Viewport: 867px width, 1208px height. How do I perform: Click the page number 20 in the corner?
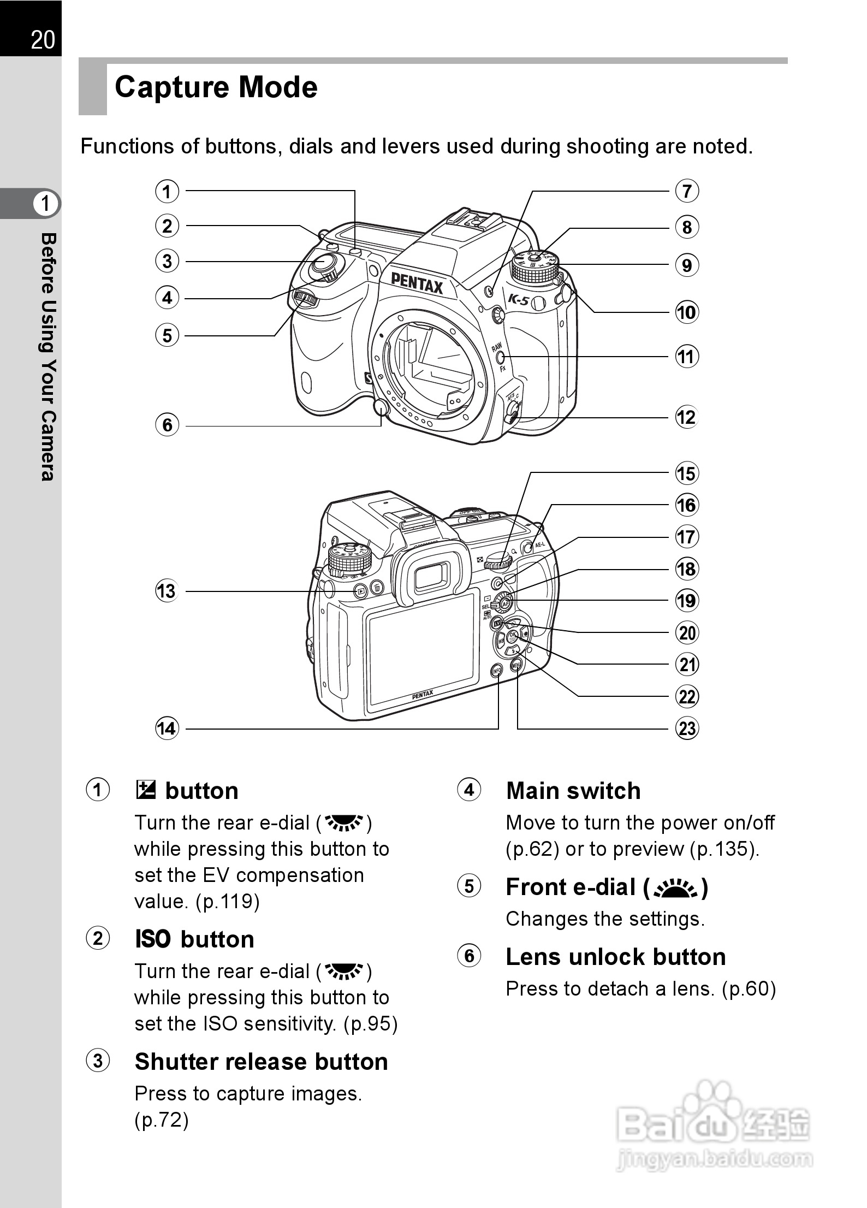(x=43, y=40)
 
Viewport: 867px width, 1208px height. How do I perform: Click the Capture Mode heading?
(x=216, y=87)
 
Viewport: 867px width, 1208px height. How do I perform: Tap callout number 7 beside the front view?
(x=687, y=191)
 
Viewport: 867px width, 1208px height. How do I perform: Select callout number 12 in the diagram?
(x=687, y=418)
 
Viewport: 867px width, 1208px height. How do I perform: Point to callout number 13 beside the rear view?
(x=167, y=591)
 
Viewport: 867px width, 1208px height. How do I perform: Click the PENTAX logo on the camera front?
(x=417, y=283)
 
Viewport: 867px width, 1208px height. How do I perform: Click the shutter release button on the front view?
(x=323, y=266)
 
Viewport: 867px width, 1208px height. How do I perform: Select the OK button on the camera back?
(x=513, y=636)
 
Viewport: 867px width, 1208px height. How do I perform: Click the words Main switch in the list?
(x=573, y=791)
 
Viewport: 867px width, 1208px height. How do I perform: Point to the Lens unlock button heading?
(x=616, y=957)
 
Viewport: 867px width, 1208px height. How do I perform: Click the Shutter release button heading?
(x=261, y=1062)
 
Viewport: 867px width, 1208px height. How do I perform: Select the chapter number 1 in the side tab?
(x=45, y=204)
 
